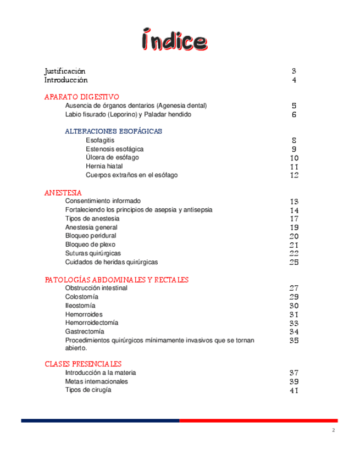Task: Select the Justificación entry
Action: tap(65, 71)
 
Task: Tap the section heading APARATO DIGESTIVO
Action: tap(81, 97)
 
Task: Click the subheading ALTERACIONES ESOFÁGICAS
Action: tap(113, 131)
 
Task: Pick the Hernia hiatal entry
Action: tap(104, 166)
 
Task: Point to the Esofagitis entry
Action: tap(100, 140)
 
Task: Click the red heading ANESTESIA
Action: tap(63, 193)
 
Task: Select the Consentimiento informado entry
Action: tap(103, 201)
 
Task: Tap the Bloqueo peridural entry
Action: tap(91, 236)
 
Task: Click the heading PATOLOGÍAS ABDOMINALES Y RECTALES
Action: tap(117, 280)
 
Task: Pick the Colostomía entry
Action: tap(81, 297)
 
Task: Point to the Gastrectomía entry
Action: tap(85, 331)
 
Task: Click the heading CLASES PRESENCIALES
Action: tap(83, 364)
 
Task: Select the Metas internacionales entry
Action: tap(97, 381)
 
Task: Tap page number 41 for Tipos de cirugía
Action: tap(293, 390)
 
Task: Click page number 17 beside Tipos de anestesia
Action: tap(294, 219)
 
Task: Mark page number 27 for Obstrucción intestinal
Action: tap(293, 288)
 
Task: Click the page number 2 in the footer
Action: tap(333, 430)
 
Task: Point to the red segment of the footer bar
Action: tap(258, 420)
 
